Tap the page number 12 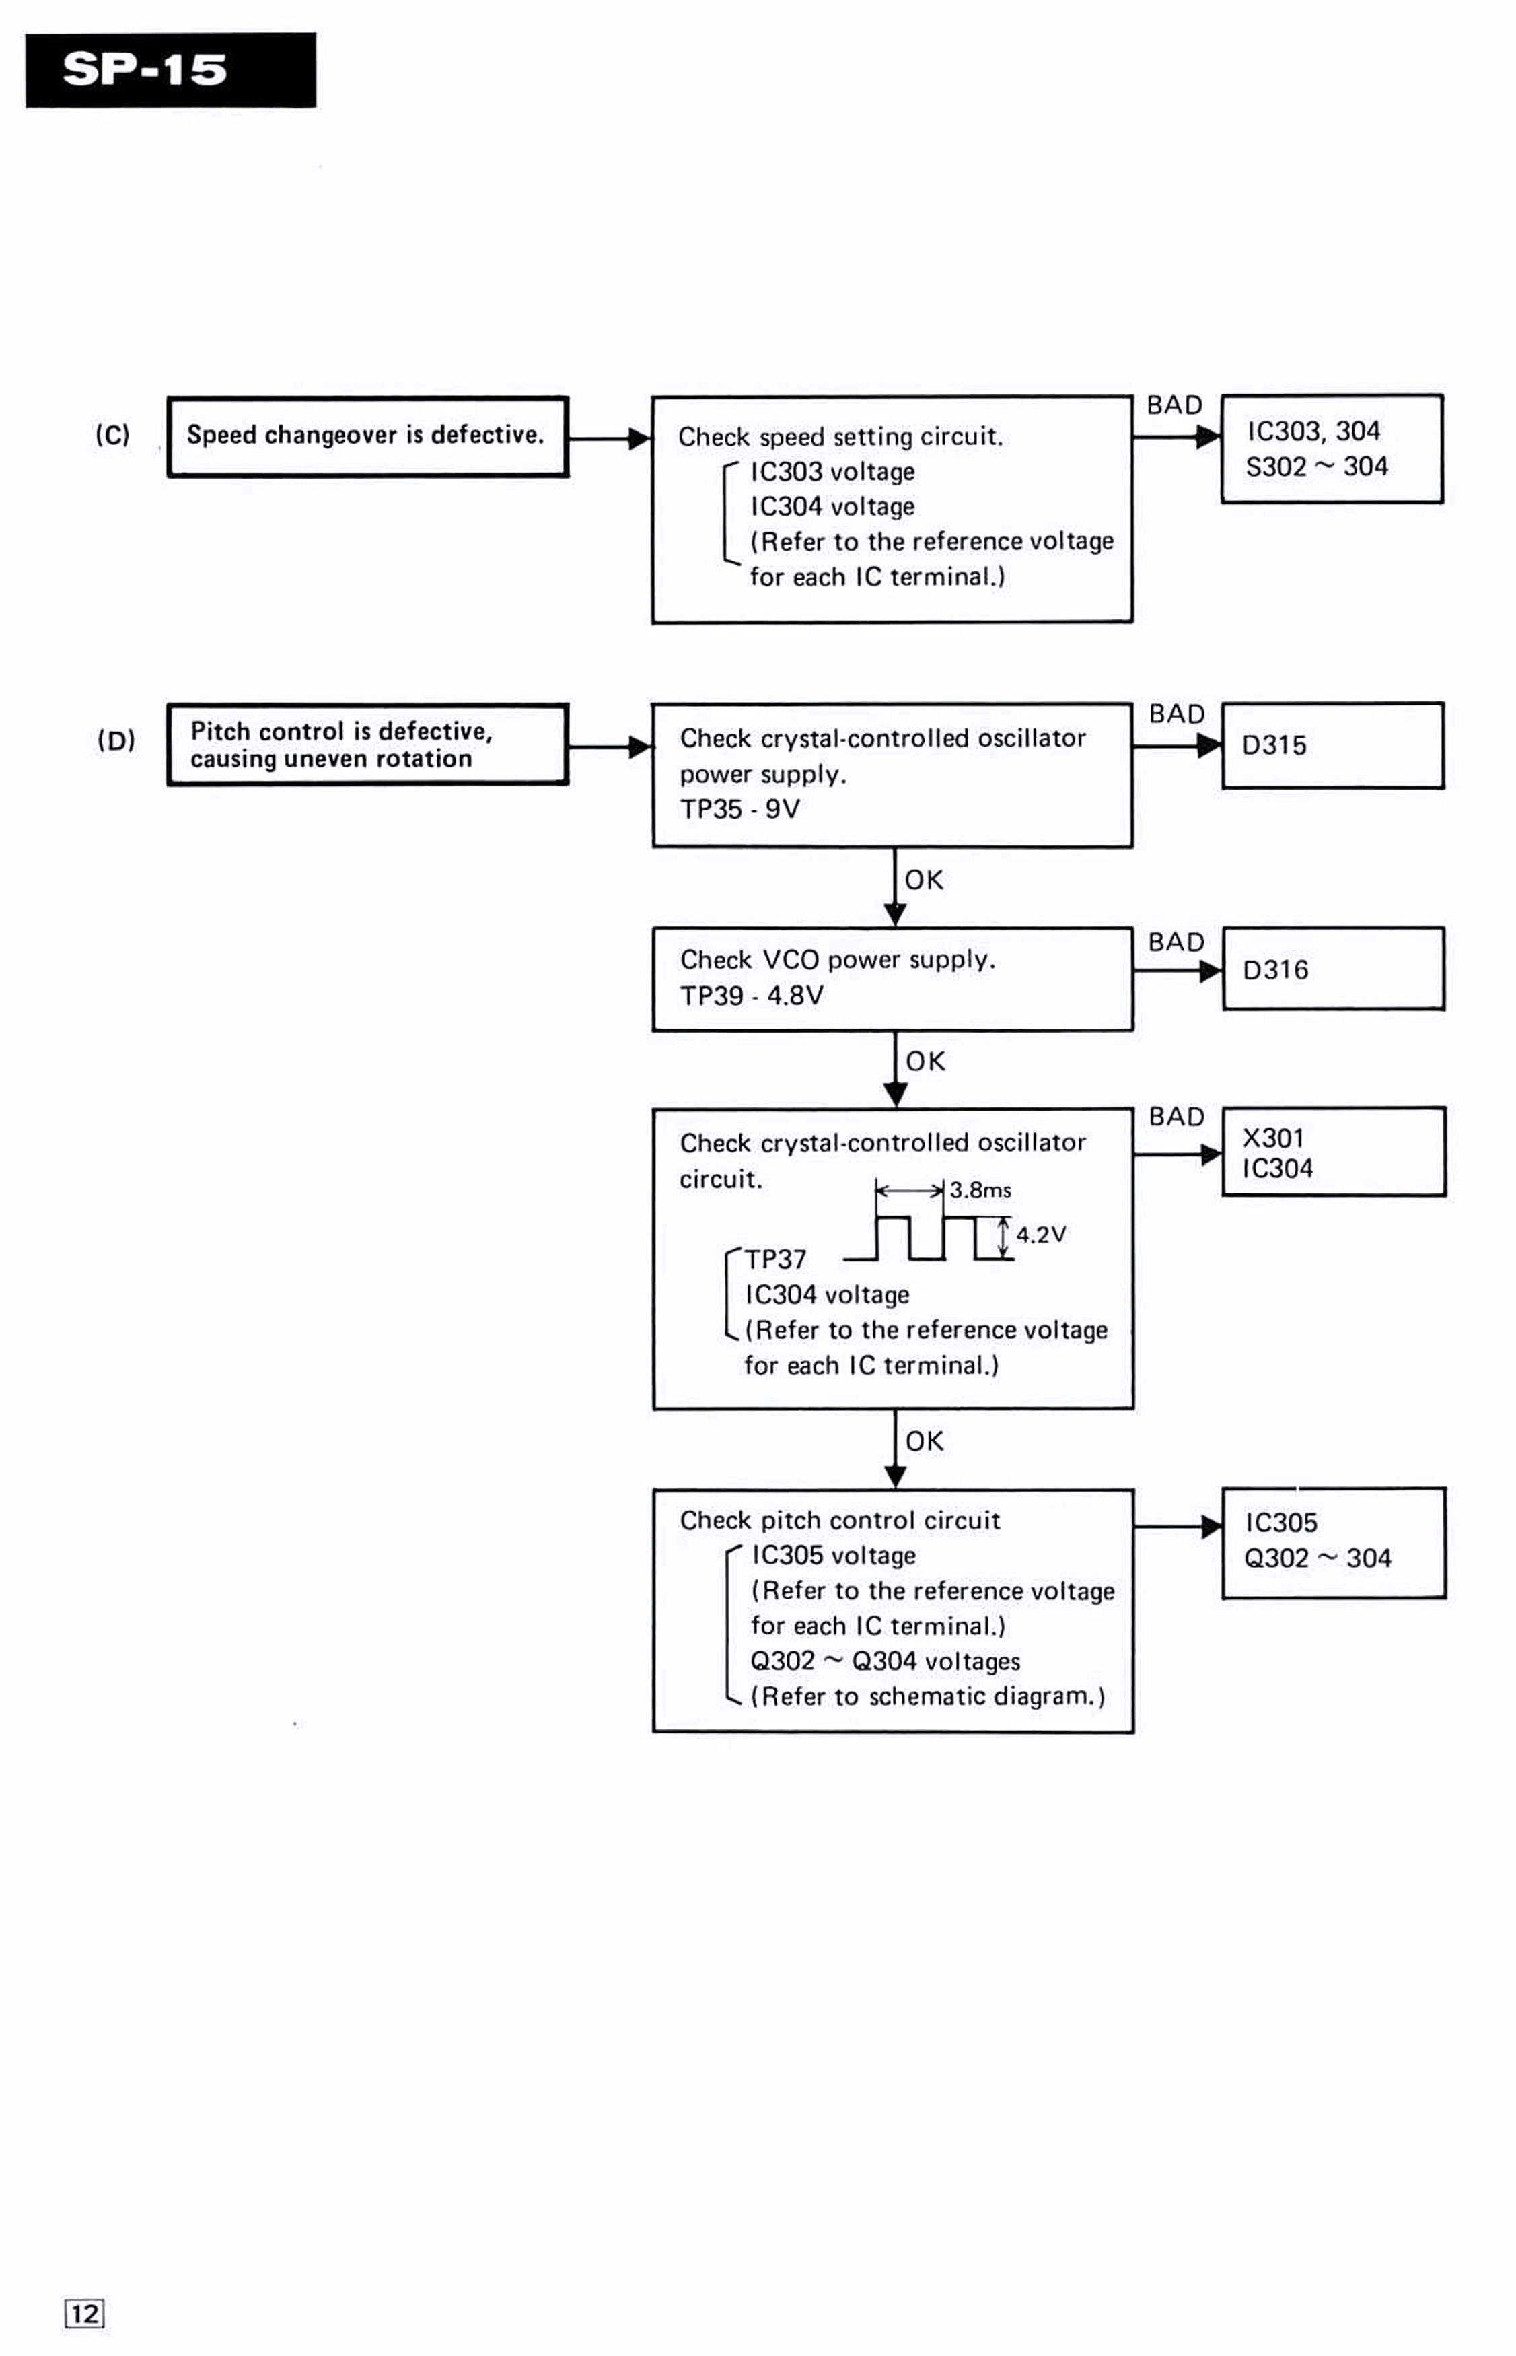[85, 2313]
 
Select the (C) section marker [112, 434]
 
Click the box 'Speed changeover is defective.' [367, 436]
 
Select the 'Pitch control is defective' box [367, 744]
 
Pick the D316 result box [1334, 969]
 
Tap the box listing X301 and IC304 [1334, 1151]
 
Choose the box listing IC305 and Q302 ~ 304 [1334, 1541]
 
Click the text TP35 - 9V [739, 809]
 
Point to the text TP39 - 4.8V [751, 996]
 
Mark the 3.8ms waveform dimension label [980, 1189]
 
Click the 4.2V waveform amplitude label [1040, 1234]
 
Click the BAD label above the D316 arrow [1176, 942]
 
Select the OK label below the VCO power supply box [925, 1062]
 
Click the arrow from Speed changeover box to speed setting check [610, 438]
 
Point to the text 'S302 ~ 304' [1316, 466]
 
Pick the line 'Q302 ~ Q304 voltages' [885, 1661]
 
